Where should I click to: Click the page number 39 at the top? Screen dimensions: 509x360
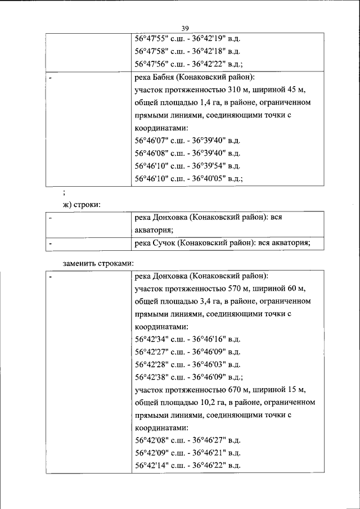[x=185, y=29]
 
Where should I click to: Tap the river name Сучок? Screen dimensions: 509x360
[x=165, y=242]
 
